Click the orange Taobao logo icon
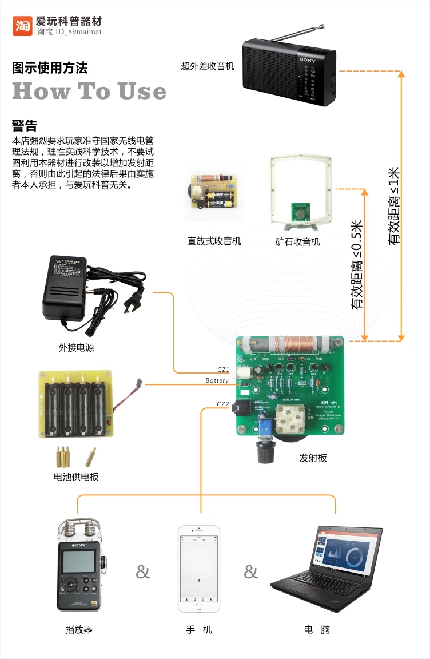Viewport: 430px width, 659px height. tap(22, 26)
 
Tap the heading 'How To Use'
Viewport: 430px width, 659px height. tap(89, 92)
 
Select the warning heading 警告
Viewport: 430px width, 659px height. tap(25, 125)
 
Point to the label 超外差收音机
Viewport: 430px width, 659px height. tap(208, 66)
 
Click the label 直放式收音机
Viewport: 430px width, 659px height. tap(214, 241)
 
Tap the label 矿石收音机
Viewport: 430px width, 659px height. tap(297, 242)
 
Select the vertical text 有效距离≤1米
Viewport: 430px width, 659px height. tap(394, 207)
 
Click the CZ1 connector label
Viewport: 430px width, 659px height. tap(223, 370)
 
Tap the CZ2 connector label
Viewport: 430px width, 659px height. tap(223, 404)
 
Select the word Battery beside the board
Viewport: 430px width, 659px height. tap(217, 381)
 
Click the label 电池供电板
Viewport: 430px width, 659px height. tap(76, 477)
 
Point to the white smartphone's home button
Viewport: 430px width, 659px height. tap(199, 605)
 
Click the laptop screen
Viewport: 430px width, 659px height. tap(345, 554)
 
